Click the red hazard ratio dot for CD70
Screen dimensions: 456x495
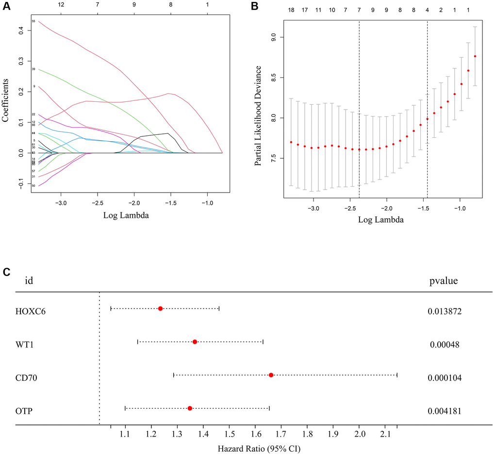point(271,375)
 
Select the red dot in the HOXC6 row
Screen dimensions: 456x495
point(160,309)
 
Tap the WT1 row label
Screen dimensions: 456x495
point(25,342)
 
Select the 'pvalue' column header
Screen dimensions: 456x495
point(444,280)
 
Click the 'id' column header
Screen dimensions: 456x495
point(29,280)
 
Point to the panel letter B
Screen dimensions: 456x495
point(255,7)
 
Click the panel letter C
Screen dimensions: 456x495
point(6,272)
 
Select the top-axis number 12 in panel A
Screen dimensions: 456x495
point(61,4)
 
